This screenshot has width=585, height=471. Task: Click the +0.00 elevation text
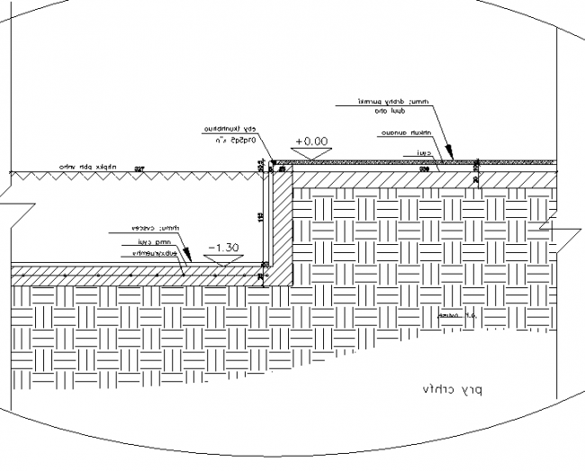coord(311,141)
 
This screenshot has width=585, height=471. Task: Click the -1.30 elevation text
coord(223,246)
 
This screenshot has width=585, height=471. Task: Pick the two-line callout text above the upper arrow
coord(383,106)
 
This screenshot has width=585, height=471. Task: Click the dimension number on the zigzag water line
coord(139,169)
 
